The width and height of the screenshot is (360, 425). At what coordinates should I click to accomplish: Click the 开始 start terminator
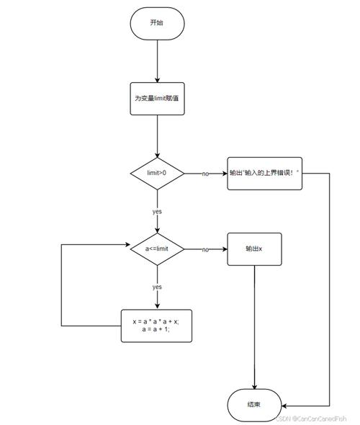(156, 23)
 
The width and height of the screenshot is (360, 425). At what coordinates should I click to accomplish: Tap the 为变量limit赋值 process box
(156, 98)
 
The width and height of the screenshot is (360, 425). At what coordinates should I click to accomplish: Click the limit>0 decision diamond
(156, 174)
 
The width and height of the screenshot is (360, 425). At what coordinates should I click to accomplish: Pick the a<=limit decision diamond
(156, 249)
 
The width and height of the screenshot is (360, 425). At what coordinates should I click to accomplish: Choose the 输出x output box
(254, 249)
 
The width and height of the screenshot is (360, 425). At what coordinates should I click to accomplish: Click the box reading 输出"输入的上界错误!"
(264, 174)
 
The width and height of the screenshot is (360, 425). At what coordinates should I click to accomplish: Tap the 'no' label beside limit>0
(205, 174)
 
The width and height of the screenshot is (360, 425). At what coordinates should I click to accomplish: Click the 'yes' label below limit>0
(156, 212)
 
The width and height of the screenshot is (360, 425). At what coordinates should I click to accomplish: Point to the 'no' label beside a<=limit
(205, 249)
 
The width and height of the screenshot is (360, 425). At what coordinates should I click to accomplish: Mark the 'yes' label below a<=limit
(156, 287)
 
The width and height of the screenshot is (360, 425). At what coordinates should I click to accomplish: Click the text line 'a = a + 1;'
(156, 329)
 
